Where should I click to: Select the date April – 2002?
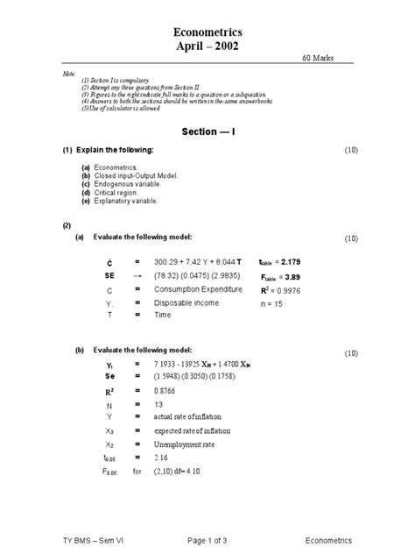[x=207, y=46]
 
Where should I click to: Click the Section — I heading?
[x=207, y=131]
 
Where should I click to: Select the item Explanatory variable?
[x=127, y=202]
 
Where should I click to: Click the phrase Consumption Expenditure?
[x=198, y=289]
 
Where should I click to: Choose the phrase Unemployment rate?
[x=184, y=444]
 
